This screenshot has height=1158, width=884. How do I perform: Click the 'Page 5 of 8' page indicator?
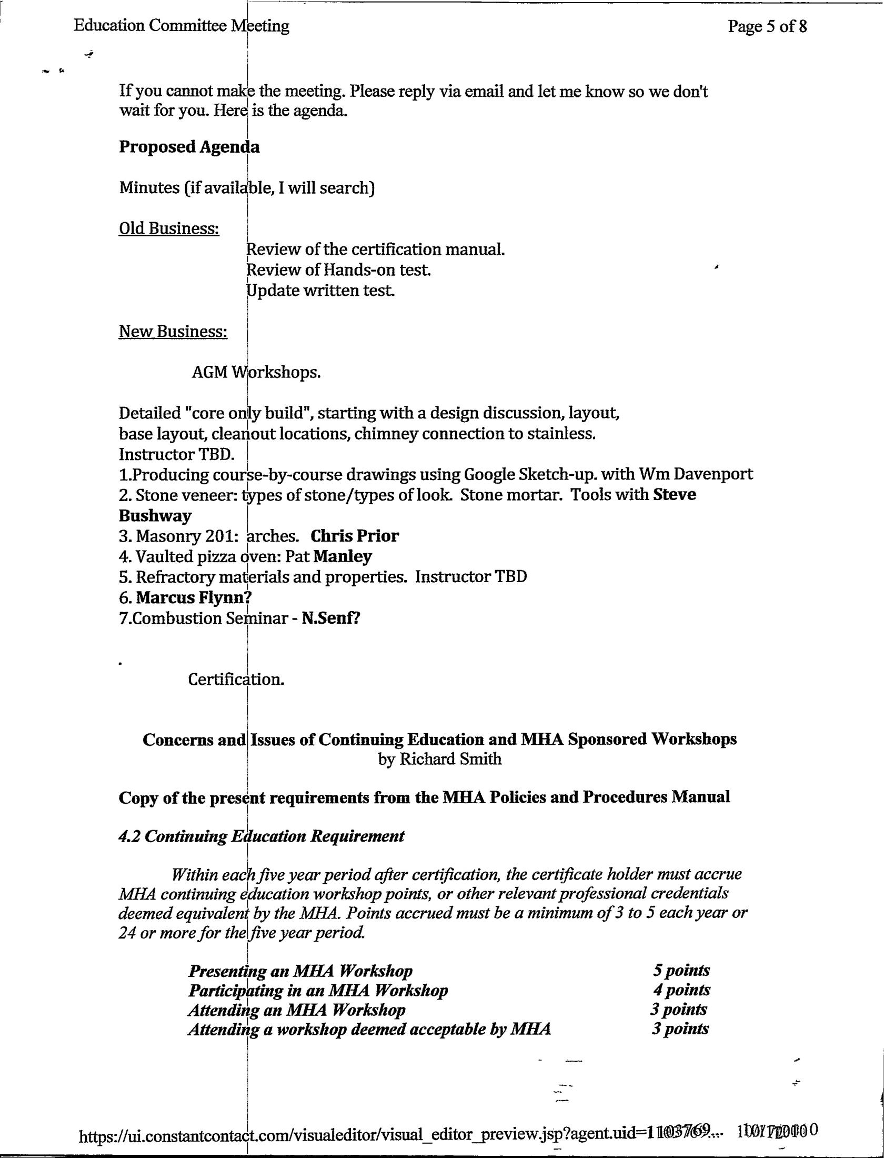click(x=767, y=26)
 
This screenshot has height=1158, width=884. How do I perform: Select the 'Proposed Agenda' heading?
click(x=189, y=147)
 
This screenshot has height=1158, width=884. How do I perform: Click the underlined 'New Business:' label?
click(x=173, y=331)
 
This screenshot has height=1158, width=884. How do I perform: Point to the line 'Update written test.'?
click(x=320, y=291)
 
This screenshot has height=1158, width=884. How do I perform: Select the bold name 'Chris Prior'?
click(x=355, y=536)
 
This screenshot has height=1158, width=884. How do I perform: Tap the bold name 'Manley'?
click(x=342, y=556)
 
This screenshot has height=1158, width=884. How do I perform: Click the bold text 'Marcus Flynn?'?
click(x=194, y=597)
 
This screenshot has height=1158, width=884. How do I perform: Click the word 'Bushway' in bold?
click(x=155, y=515)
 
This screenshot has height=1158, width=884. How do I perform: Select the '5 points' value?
click(x=681, y=970)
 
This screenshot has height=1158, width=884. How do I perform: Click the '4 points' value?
click(x=681, y=990)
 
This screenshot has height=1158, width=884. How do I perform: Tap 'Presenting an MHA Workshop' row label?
click(x=300, y=971)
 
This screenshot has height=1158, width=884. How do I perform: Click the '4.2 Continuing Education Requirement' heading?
click(x=262, y=836)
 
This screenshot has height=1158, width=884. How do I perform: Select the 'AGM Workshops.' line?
click(x=256, y=372)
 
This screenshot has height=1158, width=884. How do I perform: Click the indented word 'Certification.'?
click(x=236, y=680)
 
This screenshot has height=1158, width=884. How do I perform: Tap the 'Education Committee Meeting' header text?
click(x=182, y=25)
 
